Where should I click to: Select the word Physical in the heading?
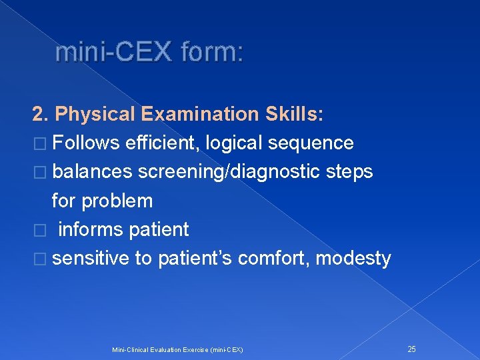coord(97,115)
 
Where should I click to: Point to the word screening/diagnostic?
coord(229,172)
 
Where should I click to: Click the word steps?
coord(349,172)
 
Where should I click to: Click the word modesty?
coord(353,258)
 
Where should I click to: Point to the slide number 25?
coord(411,349)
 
